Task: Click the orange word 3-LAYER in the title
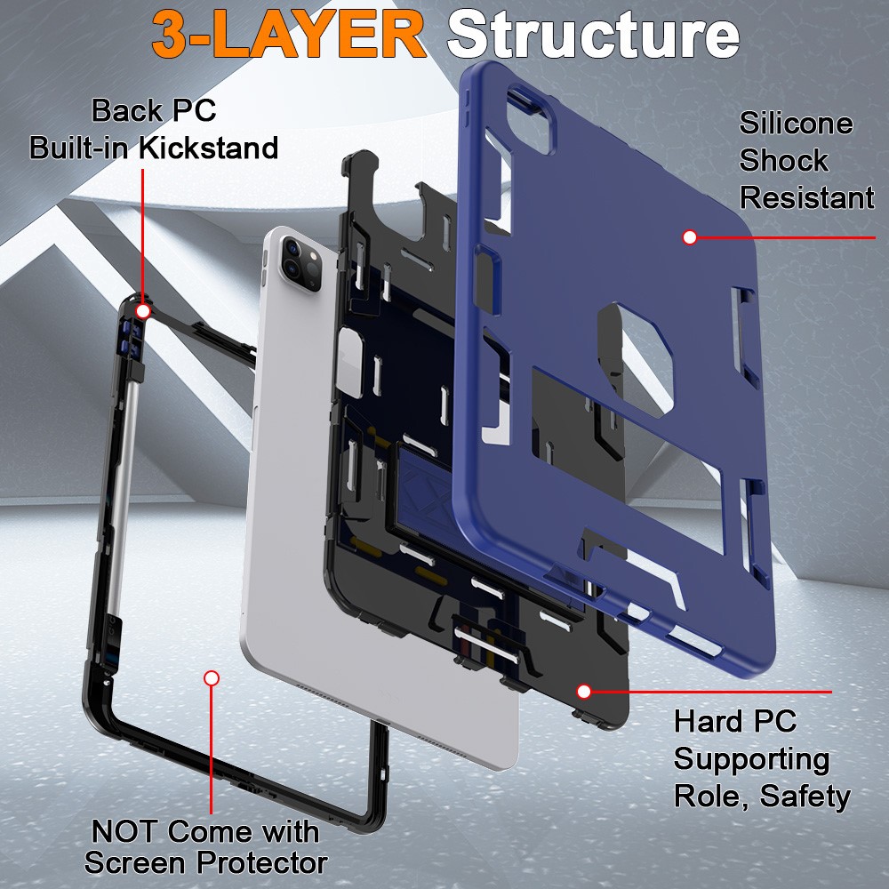pos(288,36)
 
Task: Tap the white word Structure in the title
pos(593,36)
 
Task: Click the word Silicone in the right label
pos(796,124)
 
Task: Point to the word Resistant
pos(806,197)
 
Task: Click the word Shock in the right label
pos(783,161)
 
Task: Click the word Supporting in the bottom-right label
pos(751,758)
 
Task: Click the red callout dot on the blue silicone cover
pos(689,237)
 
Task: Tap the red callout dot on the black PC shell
pos(584,691)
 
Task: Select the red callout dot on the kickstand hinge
pos(143,311)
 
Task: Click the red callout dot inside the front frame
pos(211,678)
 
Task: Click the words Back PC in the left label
pos(154,111)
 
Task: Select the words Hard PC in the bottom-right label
pos(734,721)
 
